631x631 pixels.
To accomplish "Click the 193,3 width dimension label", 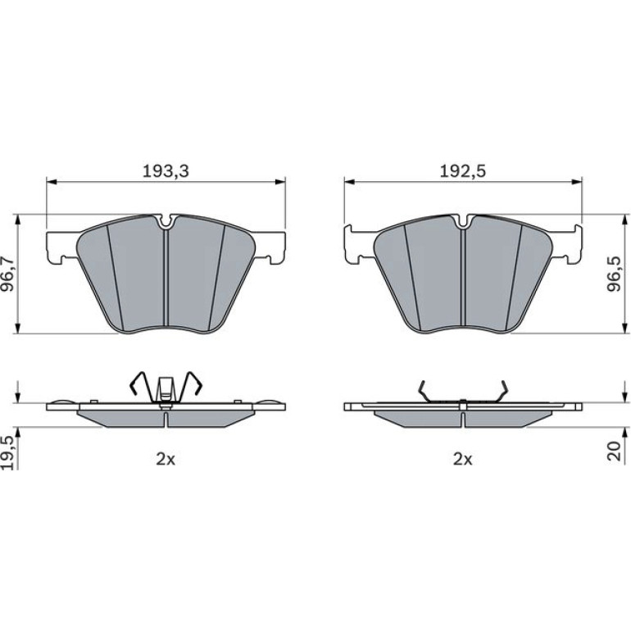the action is (x=166, y=171).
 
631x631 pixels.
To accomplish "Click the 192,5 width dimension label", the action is (x=462, y=171).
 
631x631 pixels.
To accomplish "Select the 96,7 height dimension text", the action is (x=8, y=274).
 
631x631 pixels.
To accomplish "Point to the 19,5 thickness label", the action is (x=8, y=452).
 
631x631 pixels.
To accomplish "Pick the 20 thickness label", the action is (x=614, y=452).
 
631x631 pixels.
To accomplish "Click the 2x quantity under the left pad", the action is (x=166, y=459).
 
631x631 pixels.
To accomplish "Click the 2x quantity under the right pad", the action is (x=462, y=459).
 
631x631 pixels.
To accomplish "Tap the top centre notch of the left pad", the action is (x=166, y=222).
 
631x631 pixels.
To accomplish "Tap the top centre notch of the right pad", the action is (x=463, y=222).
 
